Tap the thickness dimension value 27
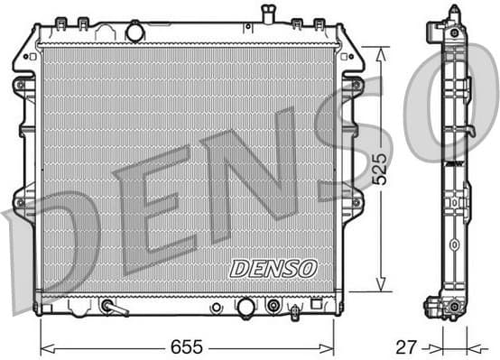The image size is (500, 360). coord(409,346)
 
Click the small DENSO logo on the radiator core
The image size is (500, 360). coord(273,268)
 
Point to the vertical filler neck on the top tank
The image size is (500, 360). coord(267,14)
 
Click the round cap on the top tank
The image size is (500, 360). coord(134,32)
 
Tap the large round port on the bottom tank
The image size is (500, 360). coord(245,307)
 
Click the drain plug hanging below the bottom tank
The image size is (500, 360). coord(295,314)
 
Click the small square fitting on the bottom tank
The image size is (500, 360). coord(316,305)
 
